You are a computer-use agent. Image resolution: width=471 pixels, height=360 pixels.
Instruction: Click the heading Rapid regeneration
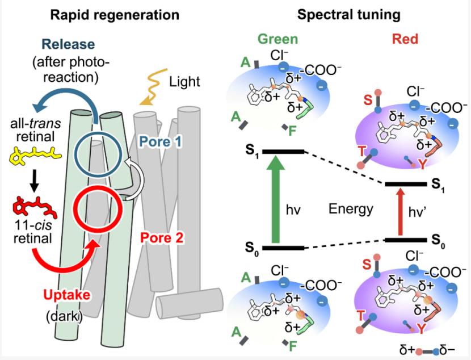tap(115, 15)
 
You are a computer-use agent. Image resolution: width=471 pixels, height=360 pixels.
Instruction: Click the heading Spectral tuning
tap(349, 14)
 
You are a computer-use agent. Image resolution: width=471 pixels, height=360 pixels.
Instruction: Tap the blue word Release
tap(68, 44)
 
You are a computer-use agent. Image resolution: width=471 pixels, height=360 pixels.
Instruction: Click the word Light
tap(184, 82)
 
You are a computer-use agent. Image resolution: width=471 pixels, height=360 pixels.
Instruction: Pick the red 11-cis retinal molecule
tap(35, 207)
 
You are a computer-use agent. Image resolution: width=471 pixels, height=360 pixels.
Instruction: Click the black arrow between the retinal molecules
tap(35, 181)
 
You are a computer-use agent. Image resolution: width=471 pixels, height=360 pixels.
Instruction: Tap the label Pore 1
tap(161, 141)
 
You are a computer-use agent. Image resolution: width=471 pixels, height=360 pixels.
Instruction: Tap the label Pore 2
tap(162, 238)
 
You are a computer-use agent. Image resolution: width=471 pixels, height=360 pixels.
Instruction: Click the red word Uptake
tap(67, 295)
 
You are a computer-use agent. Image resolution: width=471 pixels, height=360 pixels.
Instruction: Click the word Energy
tap(351, 209)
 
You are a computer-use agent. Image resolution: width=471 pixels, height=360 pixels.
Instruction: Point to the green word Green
tap(278, 39)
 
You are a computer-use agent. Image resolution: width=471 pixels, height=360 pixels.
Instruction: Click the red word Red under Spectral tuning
tap(405, 39)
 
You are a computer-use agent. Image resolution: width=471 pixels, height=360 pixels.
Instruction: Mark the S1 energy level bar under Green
tap(283, 152)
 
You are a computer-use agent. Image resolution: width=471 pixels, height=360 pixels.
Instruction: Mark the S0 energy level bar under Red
tap(406, 240)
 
